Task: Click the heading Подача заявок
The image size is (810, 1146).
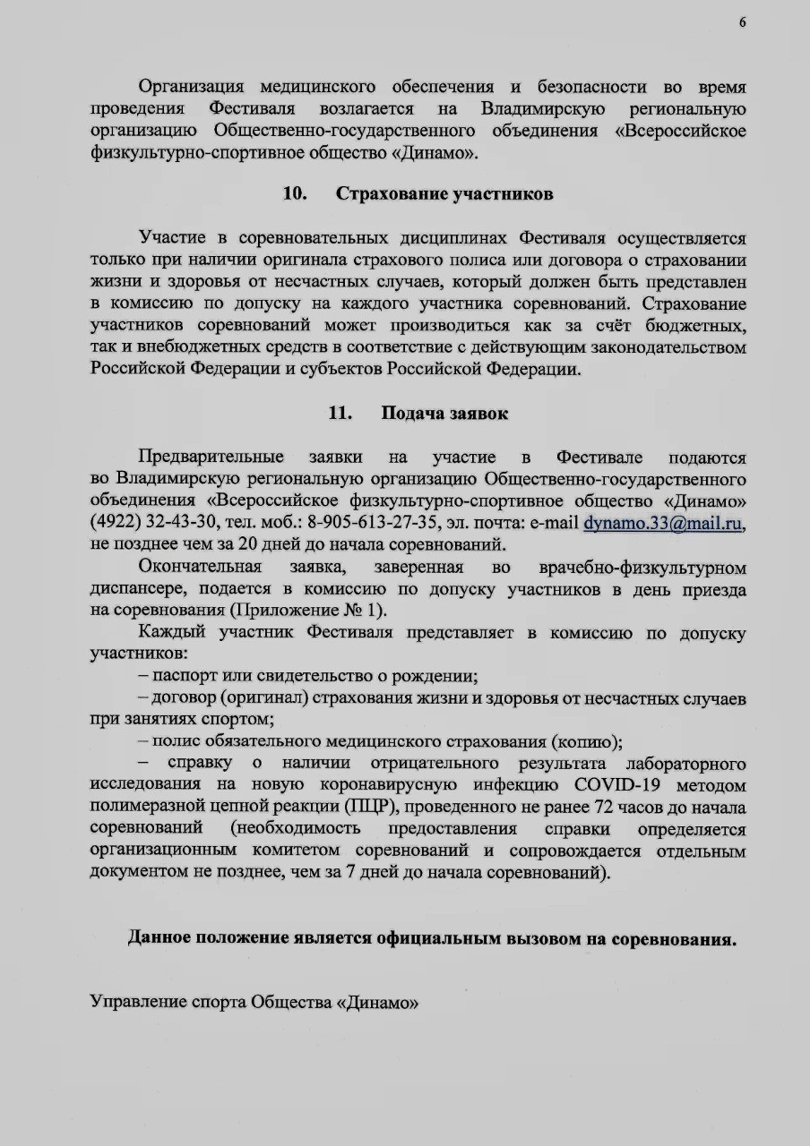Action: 445,414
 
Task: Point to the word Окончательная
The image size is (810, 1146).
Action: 200,567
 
